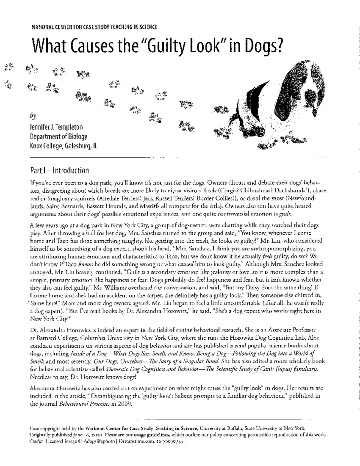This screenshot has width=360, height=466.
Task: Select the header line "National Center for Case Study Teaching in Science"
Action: pyautogui.click(x=94, y=27)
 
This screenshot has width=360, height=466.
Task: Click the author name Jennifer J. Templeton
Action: pyautogui.click(x=56, y=127)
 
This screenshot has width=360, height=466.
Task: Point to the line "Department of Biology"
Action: pyautogui.click(x=58, y=137)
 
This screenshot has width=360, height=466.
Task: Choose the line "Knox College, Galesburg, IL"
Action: pyautogui.click(x=64, y=146)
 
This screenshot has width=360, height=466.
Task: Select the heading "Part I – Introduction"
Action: pyautogui.click(x=59, y=171)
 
